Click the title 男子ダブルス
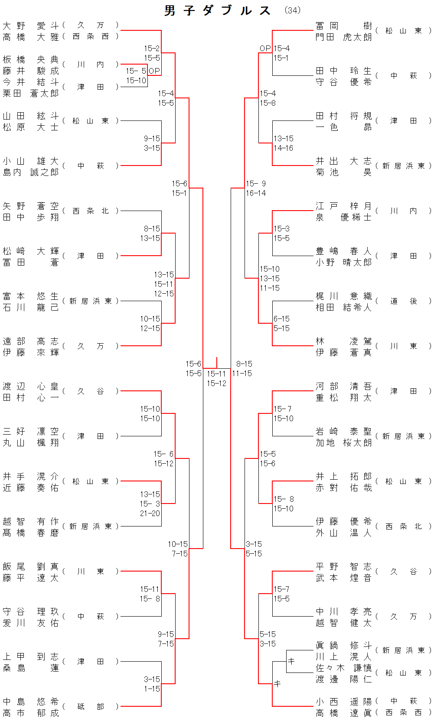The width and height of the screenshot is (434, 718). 218,10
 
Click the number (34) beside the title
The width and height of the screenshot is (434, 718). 292,10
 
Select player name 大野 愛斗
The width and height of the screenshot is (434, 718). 30,26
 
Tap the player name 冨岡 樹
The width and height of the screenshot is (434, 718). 343,26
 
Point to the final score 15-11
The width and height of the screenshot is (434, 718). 216,374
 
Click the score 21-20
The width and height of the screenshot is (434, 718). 150,513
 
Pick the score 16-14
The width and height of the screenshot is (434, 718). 256,193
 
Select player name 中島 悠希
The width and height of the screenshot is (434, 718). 30,702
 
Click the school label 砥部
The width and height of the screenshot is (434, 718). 91,707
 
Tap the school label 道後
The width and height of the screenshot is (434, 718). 403,301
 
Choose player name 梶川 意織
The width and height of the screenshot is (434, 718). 343,296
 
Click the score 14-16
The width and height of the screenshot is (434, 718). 283,148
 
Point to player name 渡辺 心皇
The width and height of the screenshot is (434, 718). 30,386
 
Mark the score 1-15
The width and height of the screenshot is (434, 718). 152,689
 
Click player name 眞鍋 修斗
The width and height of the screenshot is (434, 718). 343,646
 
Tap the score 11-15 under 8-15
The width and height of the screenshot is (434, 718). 242,374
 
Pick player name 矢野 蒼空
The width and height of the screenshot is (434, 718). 30,206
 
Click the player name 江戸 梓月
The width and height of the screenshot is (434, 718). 343,206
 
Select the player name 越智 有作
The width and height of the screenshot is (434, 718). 30,521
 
